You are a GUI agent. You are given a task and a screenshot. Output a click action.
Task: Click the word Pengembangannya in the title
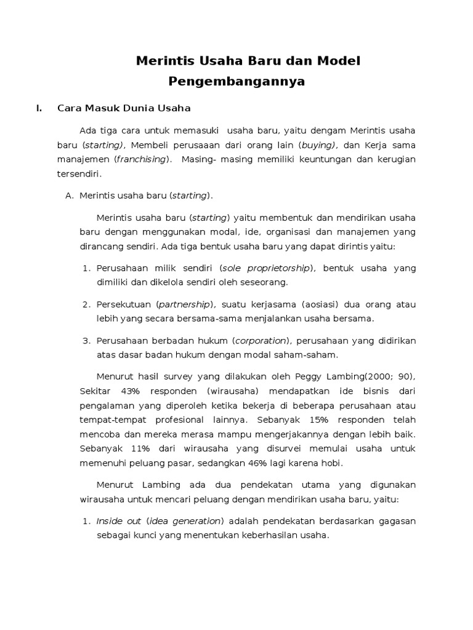pyautogui.click(x=236, y=81)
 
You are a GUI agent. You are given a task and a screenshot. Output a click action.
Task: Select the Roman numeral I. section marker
pyautogui.click(x=39, y=108)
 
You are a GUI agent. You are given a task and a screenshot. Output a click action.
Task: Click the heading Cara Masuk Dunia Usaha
pyautogui.click(x=124, y=108)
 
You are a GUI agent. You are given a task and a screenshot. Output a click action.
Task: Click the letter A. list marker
pyautogui.click(x=70, y=196)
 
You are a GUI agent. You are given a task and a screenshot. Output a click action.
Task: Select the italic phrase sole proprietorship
pyautogui.click(x=267, y=268)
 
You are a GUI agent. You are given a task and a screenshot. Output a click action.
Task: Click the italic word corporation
pyautogui.click(x=261, y=340)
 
